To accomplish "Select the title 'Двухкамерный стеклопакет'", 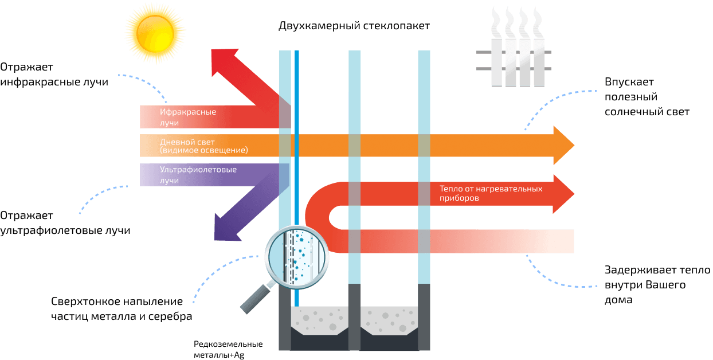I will tap(354, 26).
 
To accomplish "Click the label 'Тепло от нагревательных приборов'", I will tap(491, 193).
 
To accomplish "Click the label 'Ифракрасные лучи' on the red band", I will tap(180, 117).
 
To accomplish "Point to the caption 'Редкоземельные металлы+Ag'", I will tap(228, 349).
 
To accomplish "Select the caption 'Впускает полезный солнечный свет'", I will tap(647, 97).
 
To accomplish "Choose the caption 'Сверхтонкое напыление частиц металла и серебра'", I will tap(121, 309).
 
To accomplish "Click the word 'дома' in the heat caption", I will tap(618, 299).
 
